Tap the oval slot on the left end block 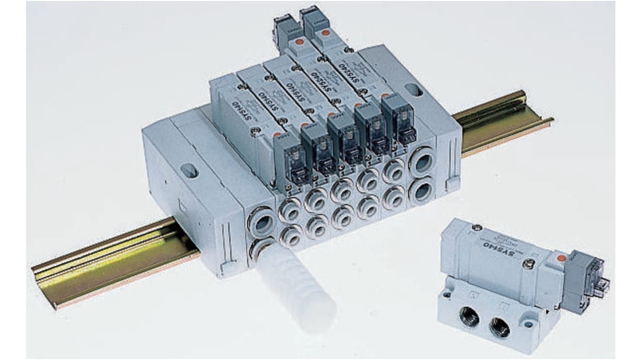(189, 170)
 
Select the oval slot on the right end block (413, 90)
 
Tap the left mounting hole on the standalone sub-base (447, 294)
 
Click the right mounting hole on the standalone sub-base (529, 323)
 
